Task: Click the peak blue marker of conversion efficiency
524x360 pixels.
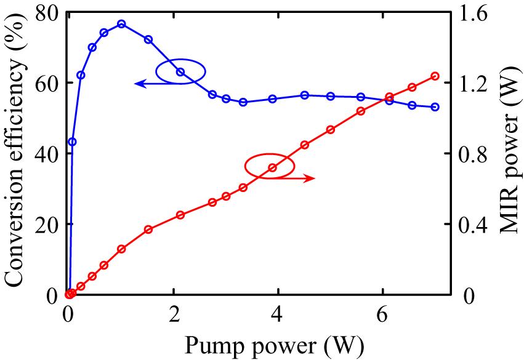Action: pos(121,24)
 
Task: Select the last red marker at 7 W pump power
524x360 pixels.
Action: pos(435,76)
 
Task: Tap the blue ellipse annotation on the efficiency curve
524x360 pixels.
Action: pos(179,70)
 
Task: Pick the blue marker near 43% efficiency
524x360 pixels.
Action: pos(72,142)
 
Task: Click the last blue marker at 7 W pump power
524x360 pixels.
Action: pos(435,107)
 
